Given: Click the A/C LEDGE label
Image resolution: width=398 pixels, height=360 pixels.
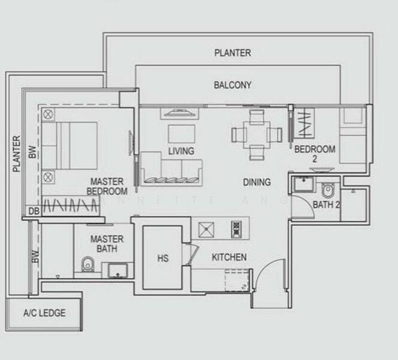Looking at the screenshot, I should click(x=44, y=313).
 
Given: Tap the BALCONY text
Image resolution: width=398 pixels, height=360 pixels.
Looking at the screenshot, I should click(x=233, y=85).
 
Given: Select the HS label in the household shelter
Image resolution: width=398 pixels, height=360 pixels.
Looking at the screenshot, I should click(x=162, y=259).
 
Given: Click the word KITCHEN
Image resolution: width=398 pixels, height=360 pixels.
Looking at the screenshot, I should click(x=229, y=257).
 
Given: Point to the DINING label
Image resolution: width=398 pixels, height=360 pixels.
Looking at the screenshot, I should click(x=257, y=182).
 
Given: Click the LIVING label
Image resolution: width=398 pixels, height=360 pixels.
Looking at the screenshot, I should click(x=181, y=151).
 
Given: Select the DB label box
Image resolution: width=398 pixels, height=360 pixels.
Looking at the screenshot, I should click(x=33, y=211).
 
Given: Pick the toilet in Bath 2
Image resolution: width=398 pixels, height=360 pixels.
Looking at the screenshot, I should click(x=328, y=190).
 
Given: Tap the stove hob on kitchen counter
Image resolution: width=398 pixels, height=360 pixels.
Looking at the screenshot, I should click(x=236, y=228).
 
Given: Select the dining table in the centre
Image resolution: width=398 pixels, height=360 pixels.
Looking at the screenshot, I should click(x=257, y=133).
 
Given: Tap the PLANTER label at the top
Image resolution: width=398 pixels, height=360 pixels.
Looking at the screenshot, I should click(x=233, y=53).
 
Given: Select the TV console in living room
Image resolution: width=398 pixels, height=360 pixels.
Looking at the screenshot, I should click(x=180, y=112).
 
